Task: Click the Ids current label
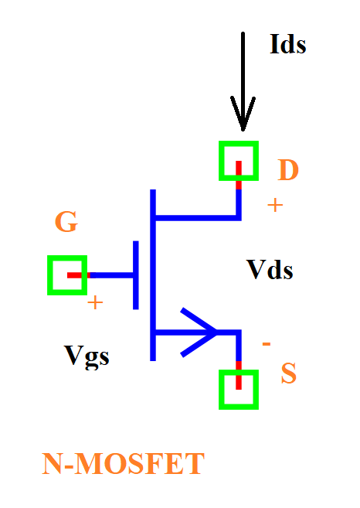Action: coord(288,44)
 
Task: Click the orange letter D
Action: coord(288,170)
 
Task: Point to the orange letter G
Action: coord(66,222)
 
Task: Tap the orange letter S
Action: coord(288,373)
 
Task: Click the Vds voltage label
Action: coord(270,270)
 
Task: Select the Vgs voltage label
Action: coord(87,356)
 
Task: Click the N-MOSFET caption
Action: coord(123,464)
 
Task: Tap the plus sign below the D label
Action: coord(275,206)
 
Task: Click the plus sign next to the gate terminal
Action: coord(95,303)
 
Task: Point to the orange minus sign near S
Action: coord(266,344)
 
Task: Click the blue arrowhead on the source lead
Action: coord(198,332)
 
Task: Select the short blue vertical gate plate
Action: coord(136,275)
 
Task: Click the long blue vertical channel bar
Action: coord(153,275)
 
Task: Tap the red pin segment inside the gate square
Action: coord(78,275)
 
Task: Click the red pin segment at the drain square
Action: coord(239,175)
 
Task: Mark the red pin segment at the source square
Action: coord(239,375)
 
